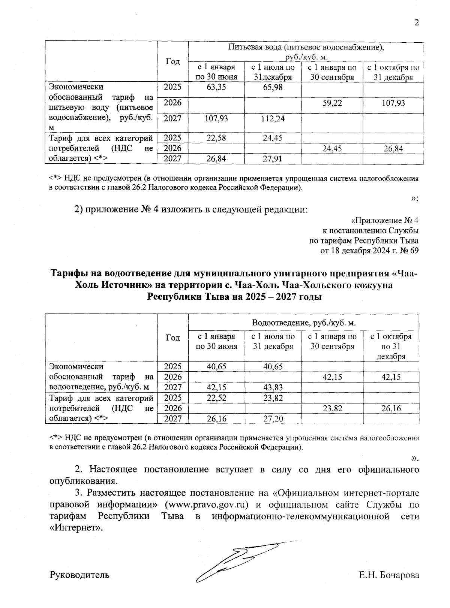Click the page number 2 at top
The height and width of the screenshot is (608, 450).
coord(416,23)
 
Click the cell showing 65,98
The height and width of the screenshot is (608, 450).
coord(273,88)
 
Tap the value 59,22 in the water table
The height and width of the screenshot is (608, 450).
coord(332,103)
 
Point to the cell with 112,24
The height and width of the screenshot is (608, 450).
coord(273,119)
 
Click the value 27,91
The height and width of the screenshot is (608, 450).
coord(273,159)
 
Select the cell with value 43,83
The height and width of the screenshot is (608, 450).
coord(273,387)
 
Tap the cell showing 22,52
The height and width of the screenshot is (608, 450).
coord(216,398)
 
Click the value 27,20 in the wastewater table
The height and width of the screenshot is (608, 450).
coord(273,419)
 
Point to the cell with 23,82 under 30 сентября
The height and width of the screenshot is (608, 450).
coord(332,408)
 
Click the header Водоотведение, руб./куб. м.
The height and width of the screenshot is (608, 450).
coord(303,323)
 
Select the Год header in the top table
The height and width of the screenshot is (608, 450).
coord(172,61)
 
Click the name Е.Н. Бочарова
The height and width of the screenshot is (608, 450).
coord(388,575)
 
